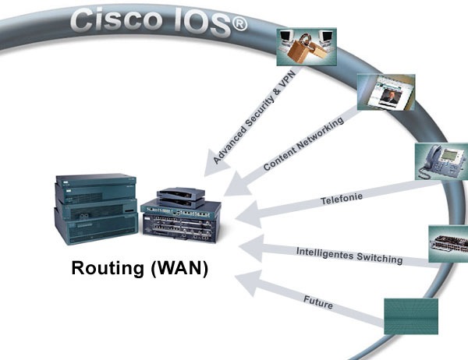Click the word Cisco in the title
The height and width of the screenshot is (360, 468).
(x=115, y=19)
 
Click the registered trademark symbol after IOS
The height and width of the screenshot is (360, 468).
(x=239, y=23)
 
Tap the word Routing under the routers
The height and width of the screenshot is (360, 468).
(x=108, y=268)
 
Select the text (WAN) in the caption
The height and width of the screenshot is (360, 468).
(x=179, y=268)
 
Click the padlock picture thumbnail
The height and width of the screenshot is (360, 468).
(x=307, y=47)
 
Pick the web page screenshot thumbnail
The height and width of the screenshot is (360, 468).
(x=386, y=92)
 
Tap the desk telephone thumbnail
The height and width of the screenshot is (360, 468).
(x=441, y=161)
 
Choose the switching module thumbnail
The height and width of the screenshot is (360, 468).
(x=448, y=244)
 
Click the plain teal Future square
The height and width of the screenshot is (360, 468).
(x=411, y=316)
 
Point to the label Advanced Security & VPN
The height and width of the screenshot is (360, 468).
(x=254, y=117)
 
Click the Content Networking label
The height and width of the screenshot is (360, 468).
(x=303, y=143)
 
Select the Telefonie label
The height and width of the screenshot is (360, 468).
(x=342, y=199)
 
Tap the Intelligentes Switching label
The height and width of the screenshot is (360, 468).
(x=349, y=256)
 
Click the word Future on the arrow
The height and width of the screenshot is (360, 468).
(x=318, y=302)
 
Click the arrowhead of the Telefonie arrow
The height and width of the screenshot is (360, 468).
(x=249, y=215)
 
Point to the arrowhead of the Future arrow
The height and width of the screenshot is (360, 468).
(x=248, y=283)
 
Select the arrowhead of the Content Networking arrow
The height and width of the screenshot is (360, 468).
(x=237, y=185)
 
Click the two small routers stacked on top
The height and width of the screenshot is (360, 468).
(x=181, y=197)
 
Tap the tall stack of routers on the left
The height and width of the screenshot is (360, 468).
(x=96, y=209)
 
